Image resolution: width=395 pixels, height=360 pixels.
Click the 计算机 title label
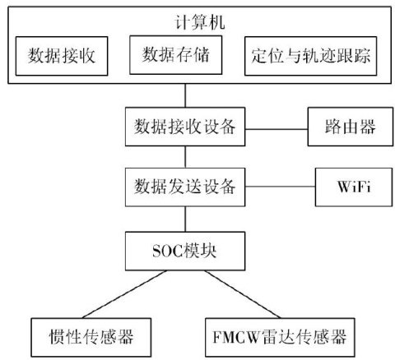pos(200,22)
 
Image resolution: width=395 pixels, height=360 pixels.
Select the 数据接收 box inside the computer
pos(62,56)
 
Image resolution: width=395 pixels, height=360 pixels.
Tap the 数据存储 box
pos(175,55)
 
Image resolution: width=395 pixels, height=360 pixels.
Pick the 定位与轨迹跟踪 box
pos(310,56)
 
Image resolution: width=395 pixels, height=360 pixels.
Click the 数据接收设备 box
pos(185,127)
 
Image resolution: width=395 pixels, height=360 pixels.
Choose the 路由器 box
pos(351,127)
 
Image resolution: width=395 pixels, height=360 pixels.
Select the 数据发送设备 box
pos(185,187)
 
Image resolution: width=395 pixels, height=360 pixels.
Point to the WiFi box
pos(354,187)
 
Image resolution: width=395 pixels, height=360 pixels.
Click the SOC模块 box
pos(185,251)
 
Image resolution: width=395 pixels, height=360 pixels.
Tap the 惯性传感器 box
pos(91,337)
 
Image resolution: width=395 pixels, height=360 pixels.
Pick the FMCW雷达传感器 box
pos(280,337)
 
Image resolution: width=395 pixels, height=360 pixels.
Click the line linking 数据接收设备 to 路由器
pos(276,129)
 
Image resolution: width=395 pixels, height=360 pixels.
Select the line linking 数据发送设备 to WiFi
pos(280,187)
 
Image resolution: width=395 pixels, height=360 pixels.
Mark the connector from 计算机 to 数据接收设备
pos(185,95)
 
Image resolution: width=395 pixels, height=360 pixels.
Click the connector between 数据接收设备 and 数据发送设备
pos(185,157)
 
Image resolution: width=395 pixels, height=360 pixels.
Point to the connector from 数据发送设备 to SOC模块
pos(185,219)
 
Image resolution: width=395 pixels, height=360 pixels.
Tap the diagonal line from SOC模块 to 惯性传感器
pos(124,294)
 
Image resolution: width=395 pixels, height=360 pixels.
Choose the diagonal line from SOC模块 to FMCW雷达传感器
pos(243,294)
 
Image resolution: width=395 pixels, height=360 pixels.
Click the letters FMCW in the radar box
pos(236,337)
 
